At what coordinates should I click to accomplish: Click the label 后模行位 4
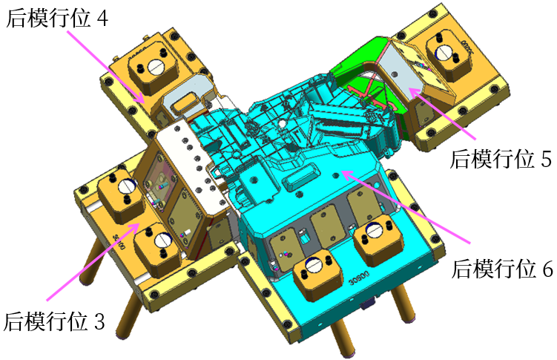click(57, 19)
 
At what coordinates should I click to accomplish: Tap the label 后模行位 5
click(501, 159)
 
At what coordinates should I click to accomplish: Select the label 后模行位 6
click(502, 269)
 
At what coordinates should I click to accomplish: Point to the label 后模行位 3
click(54, 321)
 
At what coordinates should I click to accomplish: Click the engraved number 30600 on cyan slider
click(359, 278)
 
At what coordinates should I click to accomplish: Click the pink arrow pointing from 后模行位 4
click(106, 67)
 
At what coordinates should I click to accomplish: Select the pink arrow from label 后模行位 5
click(442, 114)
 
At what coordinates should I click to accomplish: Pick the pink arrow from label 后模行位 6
click(406, 207)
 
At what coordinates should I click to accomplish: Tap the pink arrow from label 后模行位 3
click(93, 261)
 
